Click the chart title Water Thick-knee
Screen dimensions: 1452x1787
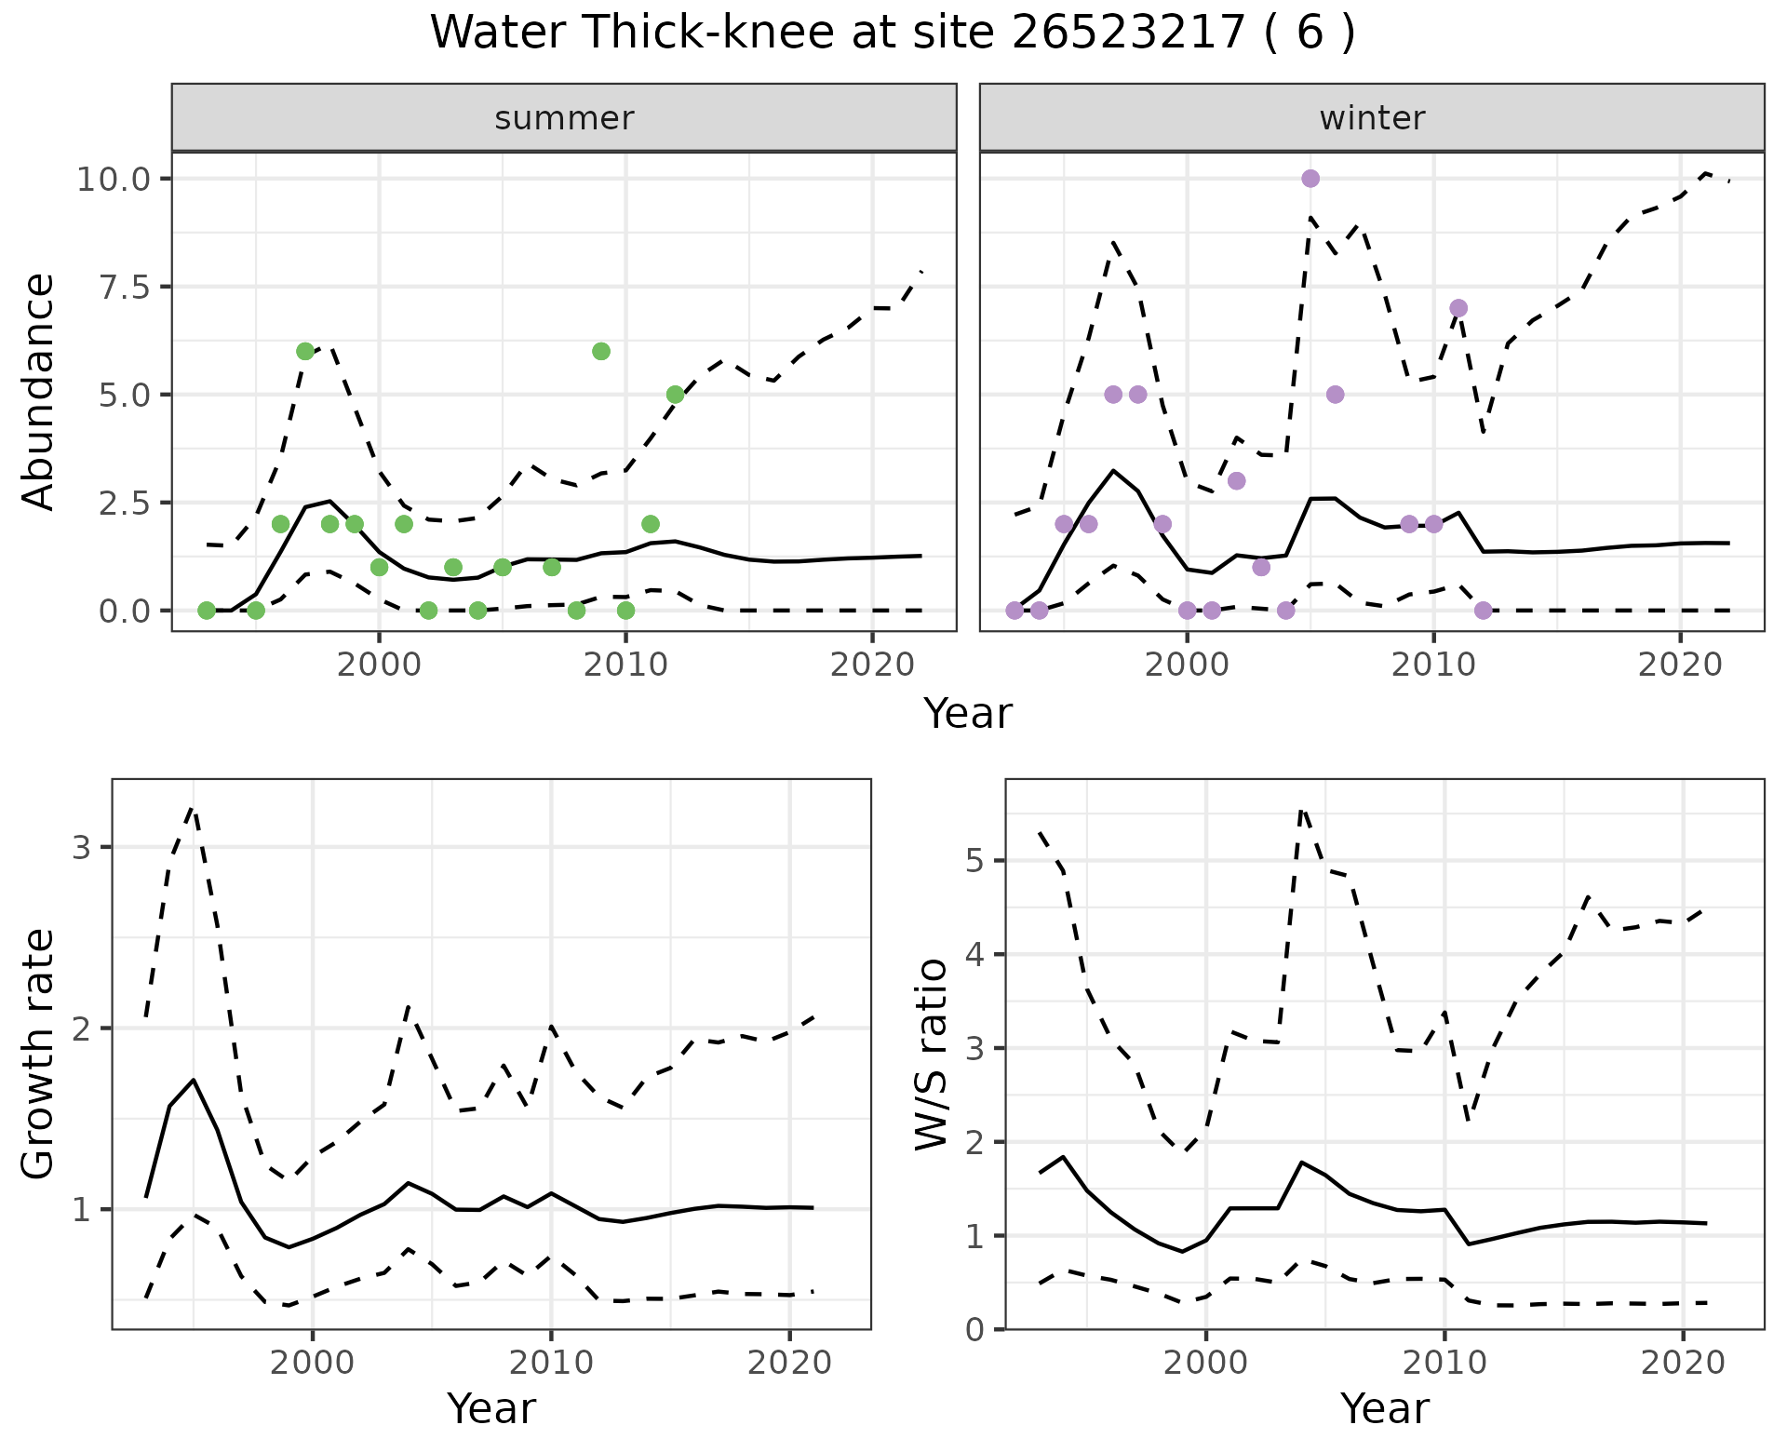(x=892, y=34)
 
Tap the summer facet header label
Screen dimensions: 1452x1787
(x=564, y=118)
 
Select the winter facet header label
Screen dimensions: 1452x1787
(x=1372, y=118)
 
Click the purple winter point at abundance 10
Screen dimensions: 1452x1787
(x=1310, y=179)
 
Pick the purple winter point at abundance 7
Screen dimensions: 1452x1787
(x=1458, y=308)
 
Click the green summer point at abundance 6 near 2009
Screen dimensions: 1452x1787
(x=601, y=351)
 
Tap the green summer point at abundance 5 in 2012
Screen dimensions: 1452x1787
(x=675, y=395)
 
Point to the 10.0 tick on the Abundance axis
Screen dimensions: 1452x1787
(x=114, y=179)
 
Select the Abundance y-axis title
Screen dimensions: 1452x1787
(x=39, y=391)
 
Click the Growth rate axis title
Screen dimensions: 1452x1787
(x=39, y=1055)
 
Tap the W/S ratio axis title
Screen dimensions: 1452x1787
(x=932, y=1055)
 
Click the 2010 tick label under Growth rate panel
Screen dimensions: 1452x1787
(x=551, y=1364)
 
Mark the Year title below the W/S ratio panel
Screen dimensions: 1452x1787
(x=1384, y=1408)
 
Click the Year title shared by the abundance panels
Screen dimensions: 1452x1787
(x=968, y=714)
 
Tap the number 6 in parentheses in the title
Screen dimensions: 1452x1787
(x=1309, y=34)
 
